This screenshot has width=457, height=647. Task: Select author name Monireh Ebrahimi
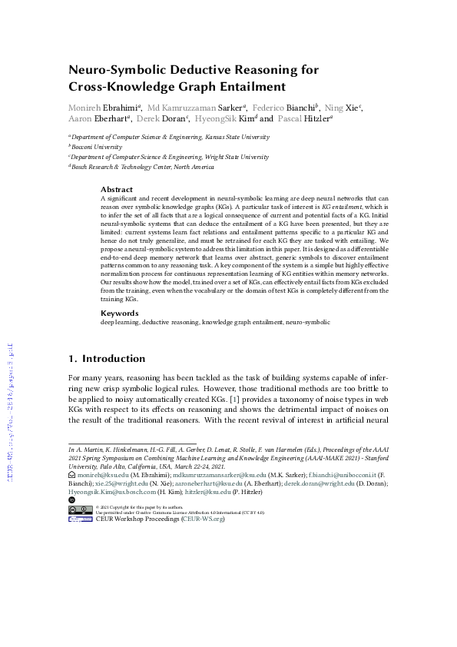point(100,107)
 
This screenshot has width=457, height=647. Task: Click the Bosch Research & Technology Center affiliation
point(142,166)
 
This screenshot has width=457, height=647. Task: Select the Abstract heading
point(117,189)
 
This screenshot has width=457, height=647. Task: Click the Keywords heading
point(120,314)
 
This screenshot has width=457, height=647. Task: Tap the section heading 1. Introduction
point(107,358)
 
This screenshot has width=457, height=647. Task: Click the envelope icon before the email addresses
point(71,476)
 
